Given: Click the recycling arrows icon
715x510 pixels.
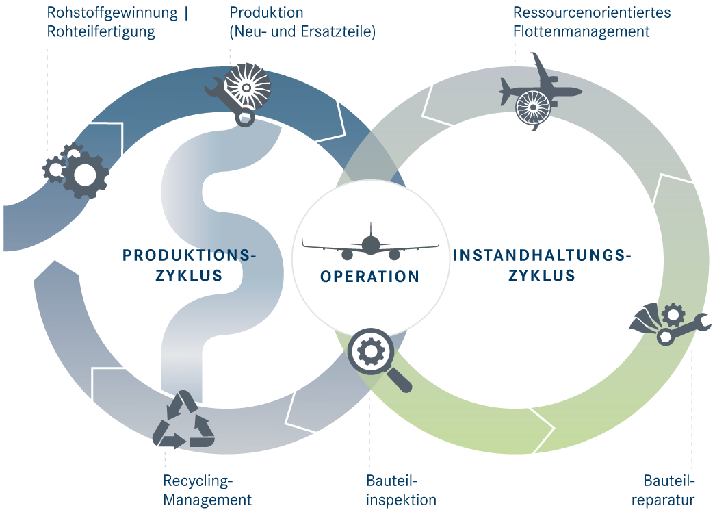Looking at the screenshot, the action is (184, 420).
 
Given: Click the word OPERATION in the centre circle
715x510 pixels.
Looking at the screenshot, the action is (369, 277).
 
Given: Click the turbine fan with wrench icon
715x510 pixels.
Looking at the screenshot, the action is (238, 94).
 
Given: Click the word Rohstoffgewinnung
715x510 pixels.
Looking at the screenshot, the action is (112, 13).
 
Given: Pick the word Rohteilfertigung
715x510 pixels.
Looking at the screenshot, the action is (101, 31).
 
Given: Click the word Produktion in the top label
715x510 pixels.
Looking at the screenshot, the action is (266, 12).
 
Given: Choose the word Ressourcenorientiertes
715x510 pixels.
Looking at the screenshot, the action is (592, 12).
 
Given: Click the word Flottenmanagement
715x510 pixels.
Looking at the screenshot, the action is (582, 31).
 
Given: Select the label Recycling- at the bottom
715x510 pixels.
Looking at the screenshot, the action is (198, 481).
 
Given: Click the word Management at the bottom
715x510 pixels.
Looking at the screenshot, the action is (207, 500).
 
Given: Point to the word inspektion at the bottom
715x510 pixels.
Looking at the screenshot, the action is (401, 500).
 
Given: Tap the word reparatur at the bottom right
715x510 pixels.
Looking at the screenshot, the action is (663, 500).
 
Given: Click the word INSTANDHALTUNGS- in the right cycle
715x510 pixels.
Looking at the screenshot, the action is (542, 255).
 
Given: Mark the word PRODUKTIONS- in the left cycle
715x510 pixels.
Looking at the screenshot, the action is (190, 255).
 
